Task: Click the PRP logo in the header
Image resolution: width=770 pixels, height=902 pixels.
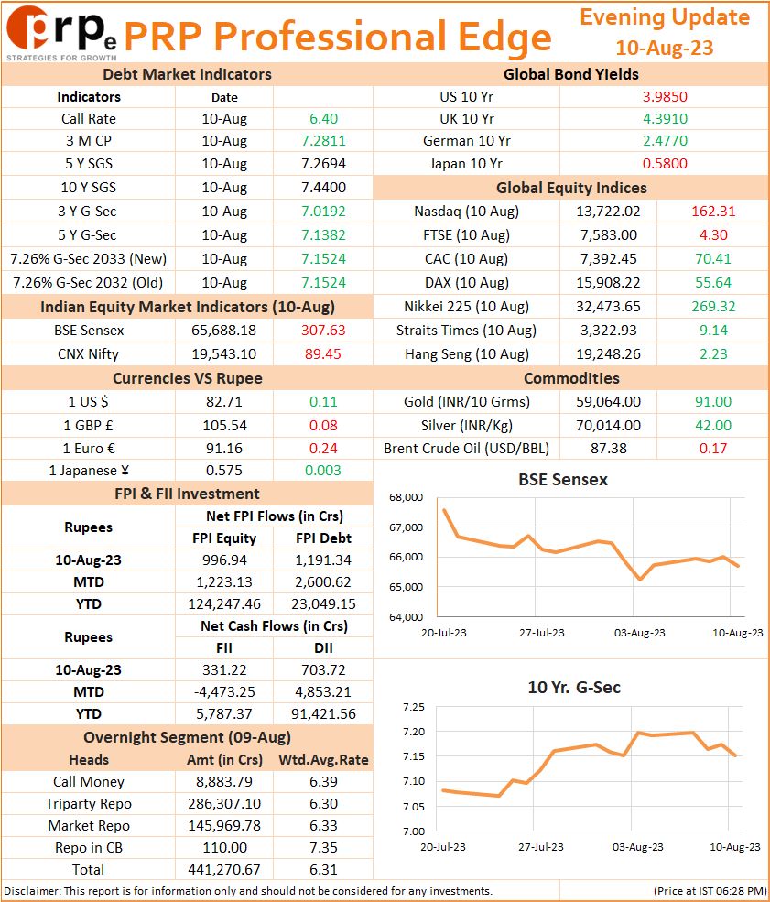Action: tap(61, 33)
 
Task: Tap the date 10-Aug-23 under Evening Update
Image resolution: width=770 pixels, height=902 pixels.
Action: tap(664, 48)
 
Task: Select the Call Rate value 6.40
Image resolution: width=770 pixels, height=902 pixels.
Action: tap(323, 118)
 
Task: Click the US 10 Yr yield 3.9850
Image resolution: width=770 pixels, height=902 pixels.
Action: tap(665, 97)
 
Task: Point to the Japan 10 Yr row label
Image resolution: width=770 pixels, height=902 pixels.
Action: tap(466, 163)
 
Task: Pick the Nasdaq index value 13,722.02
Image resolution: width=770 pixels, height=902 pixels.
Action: tap(608, 212)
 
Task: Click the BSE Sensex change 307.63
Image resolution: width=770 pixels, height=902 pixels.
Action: tap(323, 331)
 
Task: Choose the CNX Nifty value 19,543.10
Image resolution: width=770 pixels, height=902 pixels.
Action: tap(223, 353)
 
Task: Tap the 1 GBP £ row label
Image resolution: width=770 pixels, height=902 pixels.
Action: tap(88, 425)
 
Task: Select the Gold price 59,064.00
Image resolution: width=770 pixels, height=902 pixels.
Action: tap(608, 401)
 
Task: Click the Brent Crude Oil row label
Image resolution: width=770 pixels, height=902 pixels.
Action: tap(466, 448)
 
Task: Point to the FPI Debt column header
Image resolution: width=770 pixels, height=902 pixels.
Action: tap(323, 538)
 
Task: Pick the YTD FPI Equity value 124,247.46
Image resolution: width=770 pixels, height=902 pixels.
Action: tap(223, 604)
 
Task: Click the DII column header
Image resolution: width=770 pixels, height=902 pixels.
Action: tap(323, 647)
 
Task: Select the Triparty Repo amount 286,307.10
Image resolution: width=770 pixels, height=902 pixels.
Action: tap(223, 804)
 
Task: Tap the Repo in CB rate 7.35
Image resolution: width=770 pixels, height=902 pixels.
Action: tap(323, 847)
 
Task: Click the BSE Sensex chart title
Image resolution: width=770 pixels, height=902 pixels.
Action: tap(563, 479)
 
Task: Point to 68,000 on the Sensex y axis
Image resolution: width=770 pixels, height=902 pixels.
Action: tap(406, 497)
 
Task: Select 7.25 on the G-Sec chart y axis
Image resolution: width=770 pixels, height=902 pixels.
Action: tap(414, 707)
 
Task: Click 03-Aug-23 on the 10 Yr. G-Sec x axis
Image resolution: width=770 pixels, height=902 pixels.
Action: tap(637, 847)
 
